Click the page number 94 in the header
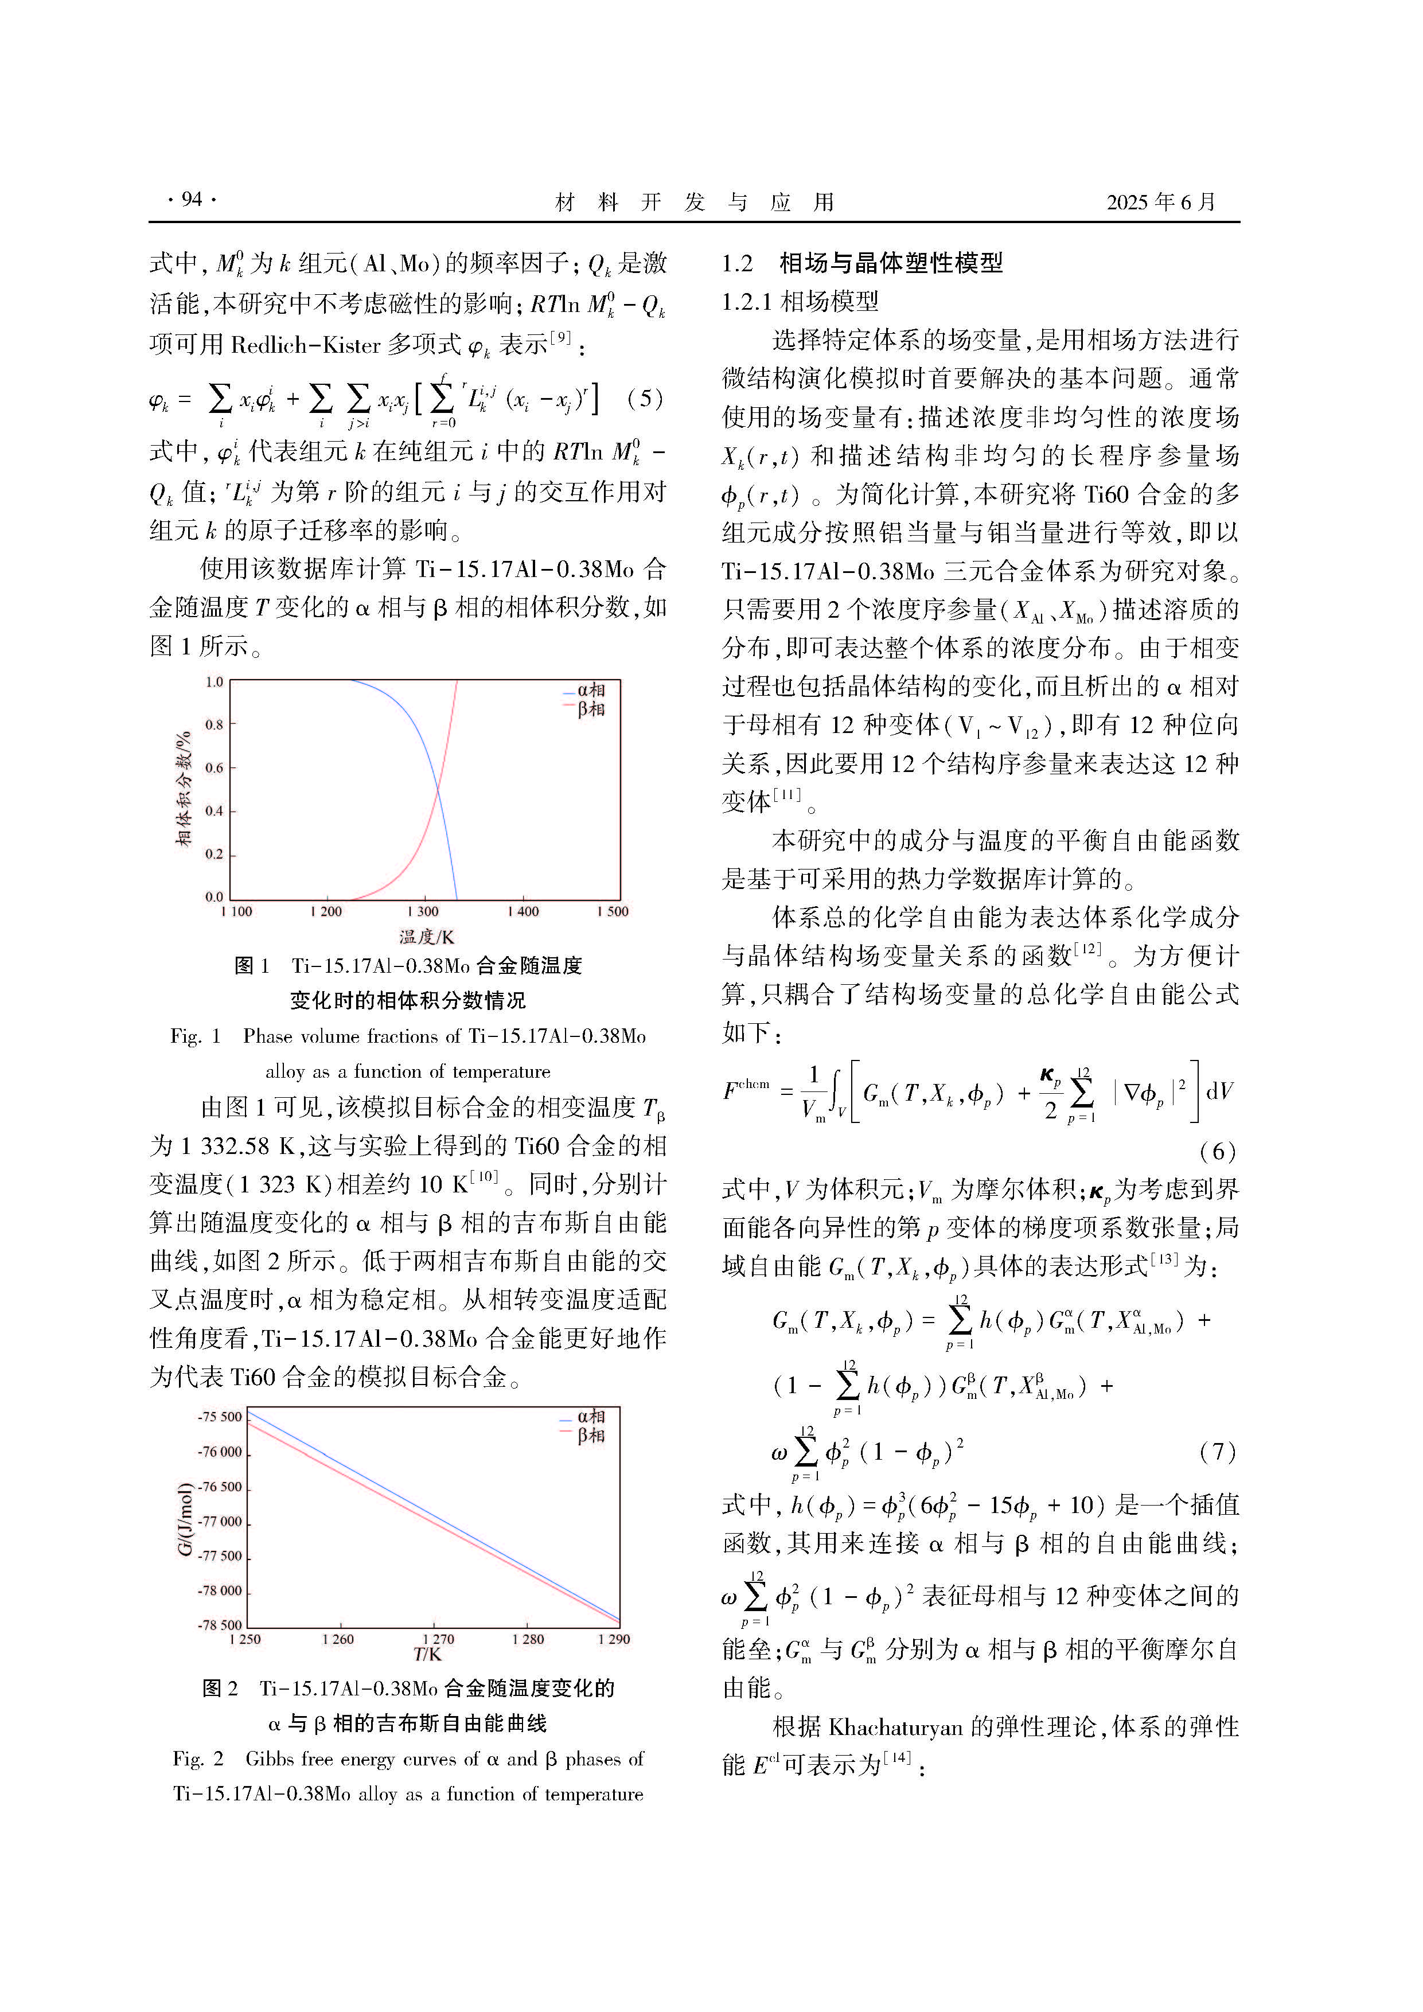(x=191, y=200)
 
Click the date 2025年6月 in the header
(x=1161, y=202)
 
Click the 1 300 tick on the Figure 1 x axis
(x=423, y=913)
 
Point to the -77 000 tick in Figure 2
(x=219, y=1521)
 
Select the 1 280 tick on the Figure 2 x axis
(x=528, y=1640)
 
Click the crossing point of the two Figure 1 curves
(x=437, y=791)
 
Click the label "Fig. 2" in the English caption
(x=198, y=1758)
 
